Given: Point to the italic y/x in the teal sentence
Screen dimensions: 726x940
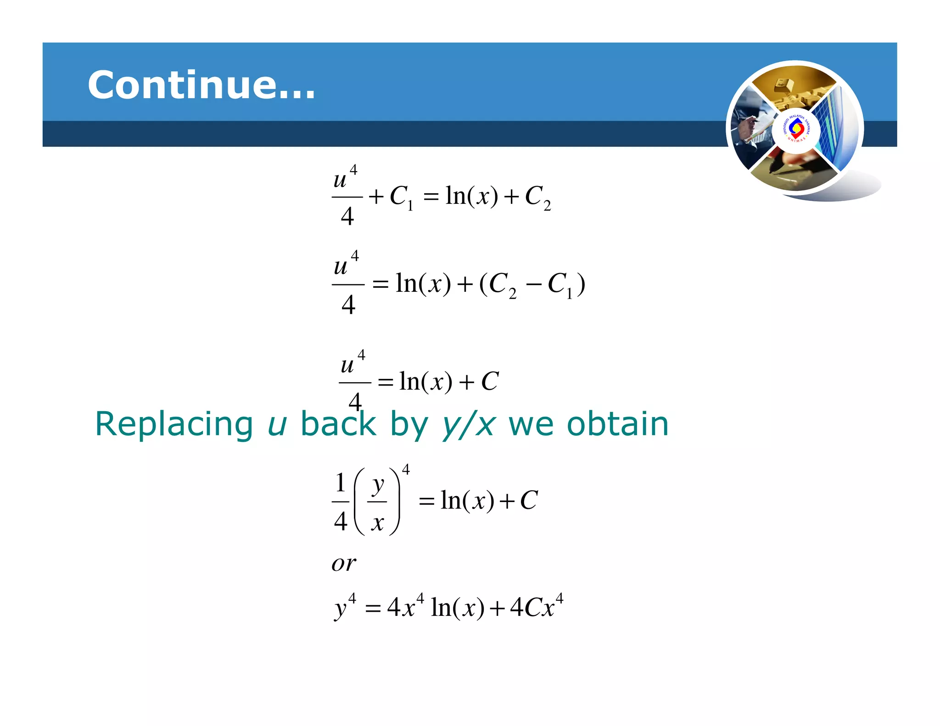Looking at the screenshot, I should (469, 425).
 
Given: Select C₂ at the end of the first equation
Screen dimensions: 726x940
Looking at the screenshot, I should (537, 197).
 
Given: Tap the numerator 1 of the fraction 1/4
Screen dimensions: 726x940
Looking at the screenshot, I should (340, 483).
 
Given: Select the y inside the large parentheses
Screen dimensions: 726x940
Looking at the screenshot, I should (378, 485).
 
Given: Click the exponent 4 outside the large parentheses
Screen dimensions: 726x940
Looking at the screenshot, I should (406, 469).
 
